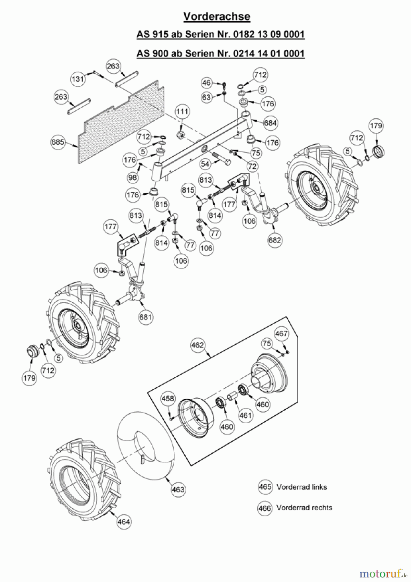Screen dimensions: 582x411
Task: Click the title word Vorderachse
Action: pyautogui.click(x=217, y=16)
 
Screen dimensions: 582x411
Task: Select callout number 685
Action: pyautogui.click(x=58, y=142)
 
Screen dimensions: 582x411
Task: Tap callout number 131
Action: pyautogui.click(x=78, y=79)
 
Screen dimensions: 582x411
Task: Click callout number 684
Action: pyautogui.click(x=270, y=123)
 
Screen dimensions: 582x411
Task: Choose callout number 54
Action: pyautogui.click(x=205, y=164)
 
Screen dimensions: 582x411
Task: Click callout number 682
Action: pyautogui.click(x=275, y=240)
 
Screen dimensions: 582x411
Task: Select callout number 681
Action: pyautogui.click(x=146, y=317)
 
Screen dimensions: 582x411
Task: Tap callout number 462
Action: pyautogui.click(x=198, y=345)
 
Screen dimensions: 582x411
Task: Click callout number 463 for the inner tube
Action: pyautogui.click(x=178, y=489)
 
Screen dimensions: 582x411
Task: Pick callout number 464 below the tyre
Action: pyautogui.click(x=124, y=522)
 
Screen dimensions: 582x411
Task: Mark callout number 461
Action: pyautogui.click(x=245, y=415)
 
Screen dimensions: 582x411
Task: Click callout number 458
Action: pyautogui.click(x=168, y=399)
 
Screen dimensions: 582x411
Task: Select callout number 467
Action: pyautogui.click(x=281, y=333)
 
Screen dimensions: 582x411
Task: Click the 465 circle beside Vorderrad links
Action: pyautogui.click(x=265, y=487)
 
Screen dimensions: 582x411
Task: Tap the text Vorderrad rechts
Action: pyautogui.click(x=304, y=508)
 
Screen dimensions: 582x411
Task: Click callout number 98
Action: pyautogui.click(x=133, y=178)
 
